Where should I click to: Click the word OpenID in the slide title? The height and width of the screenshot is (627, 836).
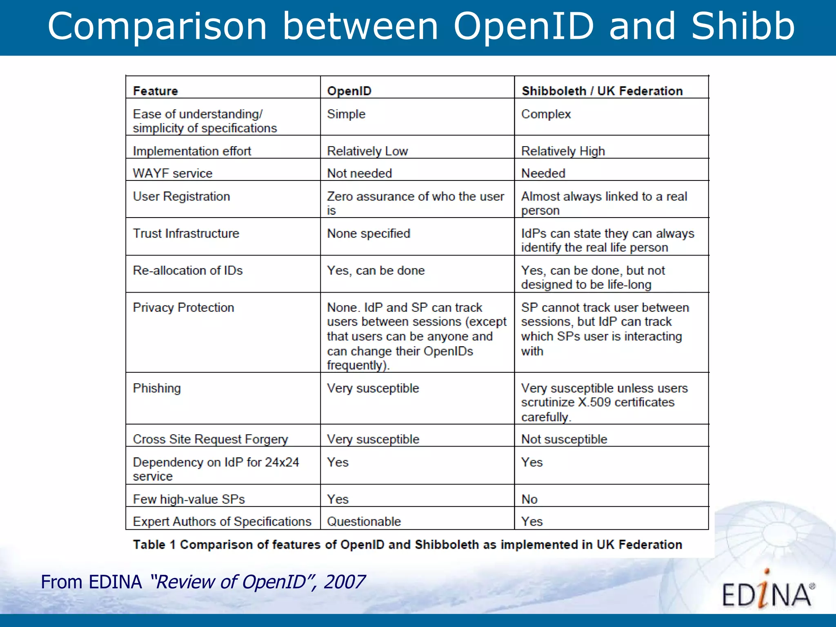tap(523, 27)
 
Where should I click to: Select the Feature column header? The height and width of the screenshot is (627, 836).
tap(156, 91)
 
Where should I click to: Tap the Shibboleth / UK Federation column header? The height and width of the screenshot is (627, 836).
tap(602, 91)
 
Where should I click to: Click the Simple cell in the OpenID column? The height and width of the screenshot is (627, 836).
tap(346, 114)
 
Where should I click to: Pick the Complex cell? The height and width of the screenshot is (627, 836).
tap(546, 114)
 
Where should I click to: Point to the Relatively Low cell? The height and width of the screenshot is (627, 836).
tap(367, 151)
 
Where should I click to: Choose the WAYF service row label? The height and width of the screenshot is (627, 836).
tap(173, 173)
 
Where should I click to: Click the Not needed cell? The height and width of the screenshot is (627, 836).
tap(359, 173)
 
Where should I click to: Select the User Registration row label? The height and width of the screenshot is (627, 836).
tap(181, 196)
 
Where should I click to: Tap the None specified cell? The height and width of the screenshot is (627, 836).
tap(368, 233)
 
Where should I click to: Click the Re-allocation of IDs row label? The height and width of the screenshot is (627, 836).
tap(188, 270)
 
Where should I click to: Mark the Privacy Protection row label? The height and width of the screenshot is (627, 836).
tap(183, 307)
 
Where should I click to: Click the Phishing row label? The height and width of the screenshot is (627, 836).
tap(157, 388)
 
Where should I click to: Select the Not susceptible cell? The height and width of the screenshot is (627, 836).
tap(564, 439)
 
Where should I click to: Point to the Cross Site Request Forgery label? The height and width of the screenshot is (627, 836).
tap(210, 439)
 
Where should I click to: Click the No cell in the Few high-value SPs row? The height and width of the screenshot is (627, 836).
tap(529, 499)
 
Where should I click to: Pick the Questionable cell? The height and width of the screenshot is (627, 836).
tap(364, 521)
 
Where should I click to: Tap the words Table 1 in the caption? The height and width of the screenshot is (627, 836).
tap(154, 545)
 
